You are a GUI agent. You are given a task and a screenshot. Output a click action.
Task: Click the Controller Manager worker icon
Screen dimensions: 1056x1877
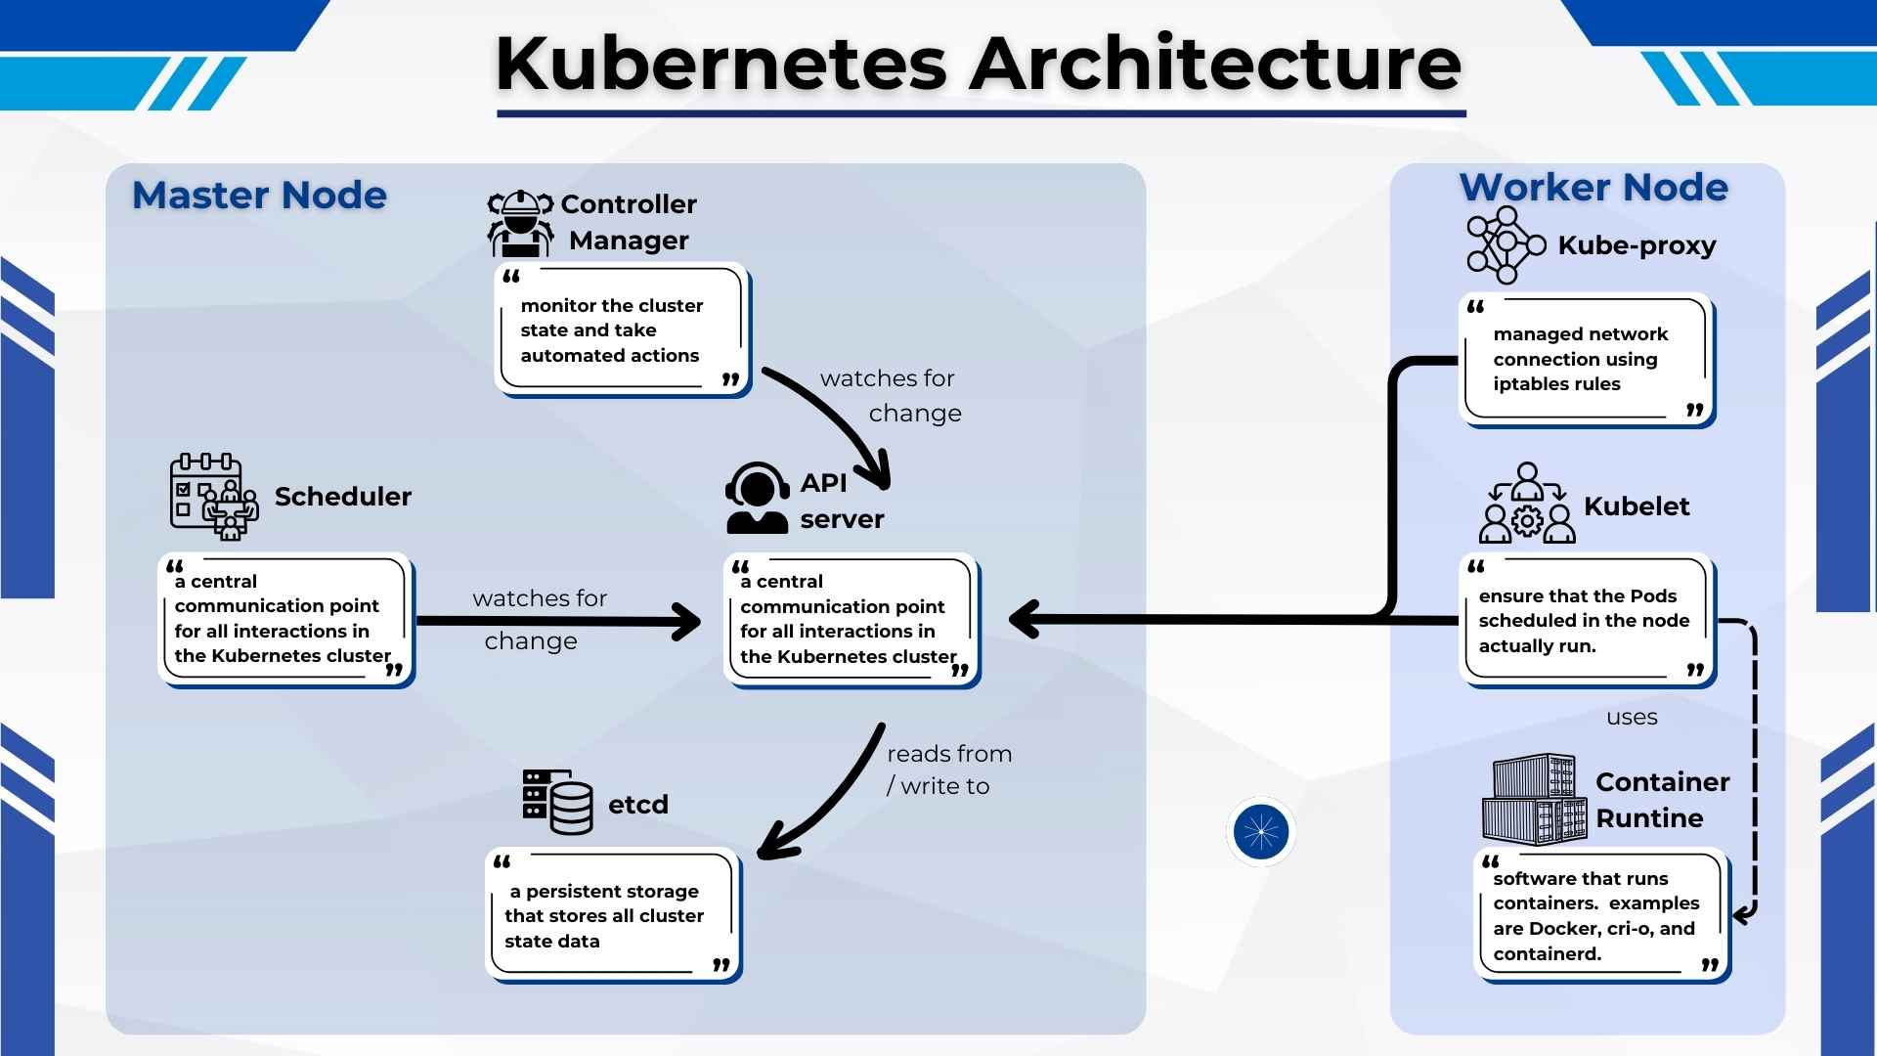(x=520, y=223)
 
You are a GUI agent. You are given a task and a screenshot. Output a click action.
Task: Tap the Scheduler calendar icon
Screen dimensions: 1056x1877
(x=214, y=496)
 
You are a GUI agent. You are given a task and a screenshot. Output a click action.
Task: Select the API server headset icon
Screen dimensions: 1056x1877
(x=758, y=498)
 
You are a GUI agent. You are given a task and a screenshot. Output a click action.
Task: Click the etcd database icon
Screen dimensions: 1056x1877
(x=558, y=801)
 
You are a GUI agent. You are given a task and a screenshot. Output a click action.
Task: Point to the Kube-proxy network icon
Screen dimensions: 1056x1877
(x=1506, y=244)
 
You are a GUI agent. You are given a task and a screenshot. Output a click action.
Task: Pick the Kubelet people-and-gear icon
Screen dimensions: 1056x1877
(x=1527, y=504)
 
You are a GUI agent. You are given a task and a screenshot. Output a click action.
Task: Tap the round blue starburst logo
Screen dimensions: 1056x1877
(x=1261, y=831)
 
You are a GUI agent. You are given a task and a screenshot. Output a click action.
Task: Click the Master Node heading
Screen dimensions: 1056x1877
(x=259, y=196)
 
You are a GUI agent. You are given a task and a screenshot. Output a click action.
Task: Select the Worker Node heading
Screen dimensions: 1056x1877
(x=1593, y=187)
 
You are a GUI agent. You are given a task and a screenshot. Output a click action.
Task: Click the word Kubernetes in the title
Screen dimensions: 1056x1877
(x=721, y=65)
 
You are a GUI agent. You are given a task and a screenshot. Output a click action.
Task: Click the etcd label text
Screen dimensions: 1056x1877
(x=638, y=805)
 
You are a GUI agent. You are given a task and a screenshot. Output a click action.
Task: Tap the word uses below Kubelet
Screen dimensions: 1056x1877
(x=1632, y=718)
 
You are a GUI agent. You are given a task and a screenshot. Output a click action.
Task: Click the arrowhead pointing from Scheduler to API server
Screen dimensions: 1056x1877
(x=686, y=622)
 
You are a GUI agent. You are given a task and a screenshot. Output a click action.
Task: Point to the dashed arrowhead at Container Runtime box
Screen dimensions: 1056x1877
(x=1743, y=915)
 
